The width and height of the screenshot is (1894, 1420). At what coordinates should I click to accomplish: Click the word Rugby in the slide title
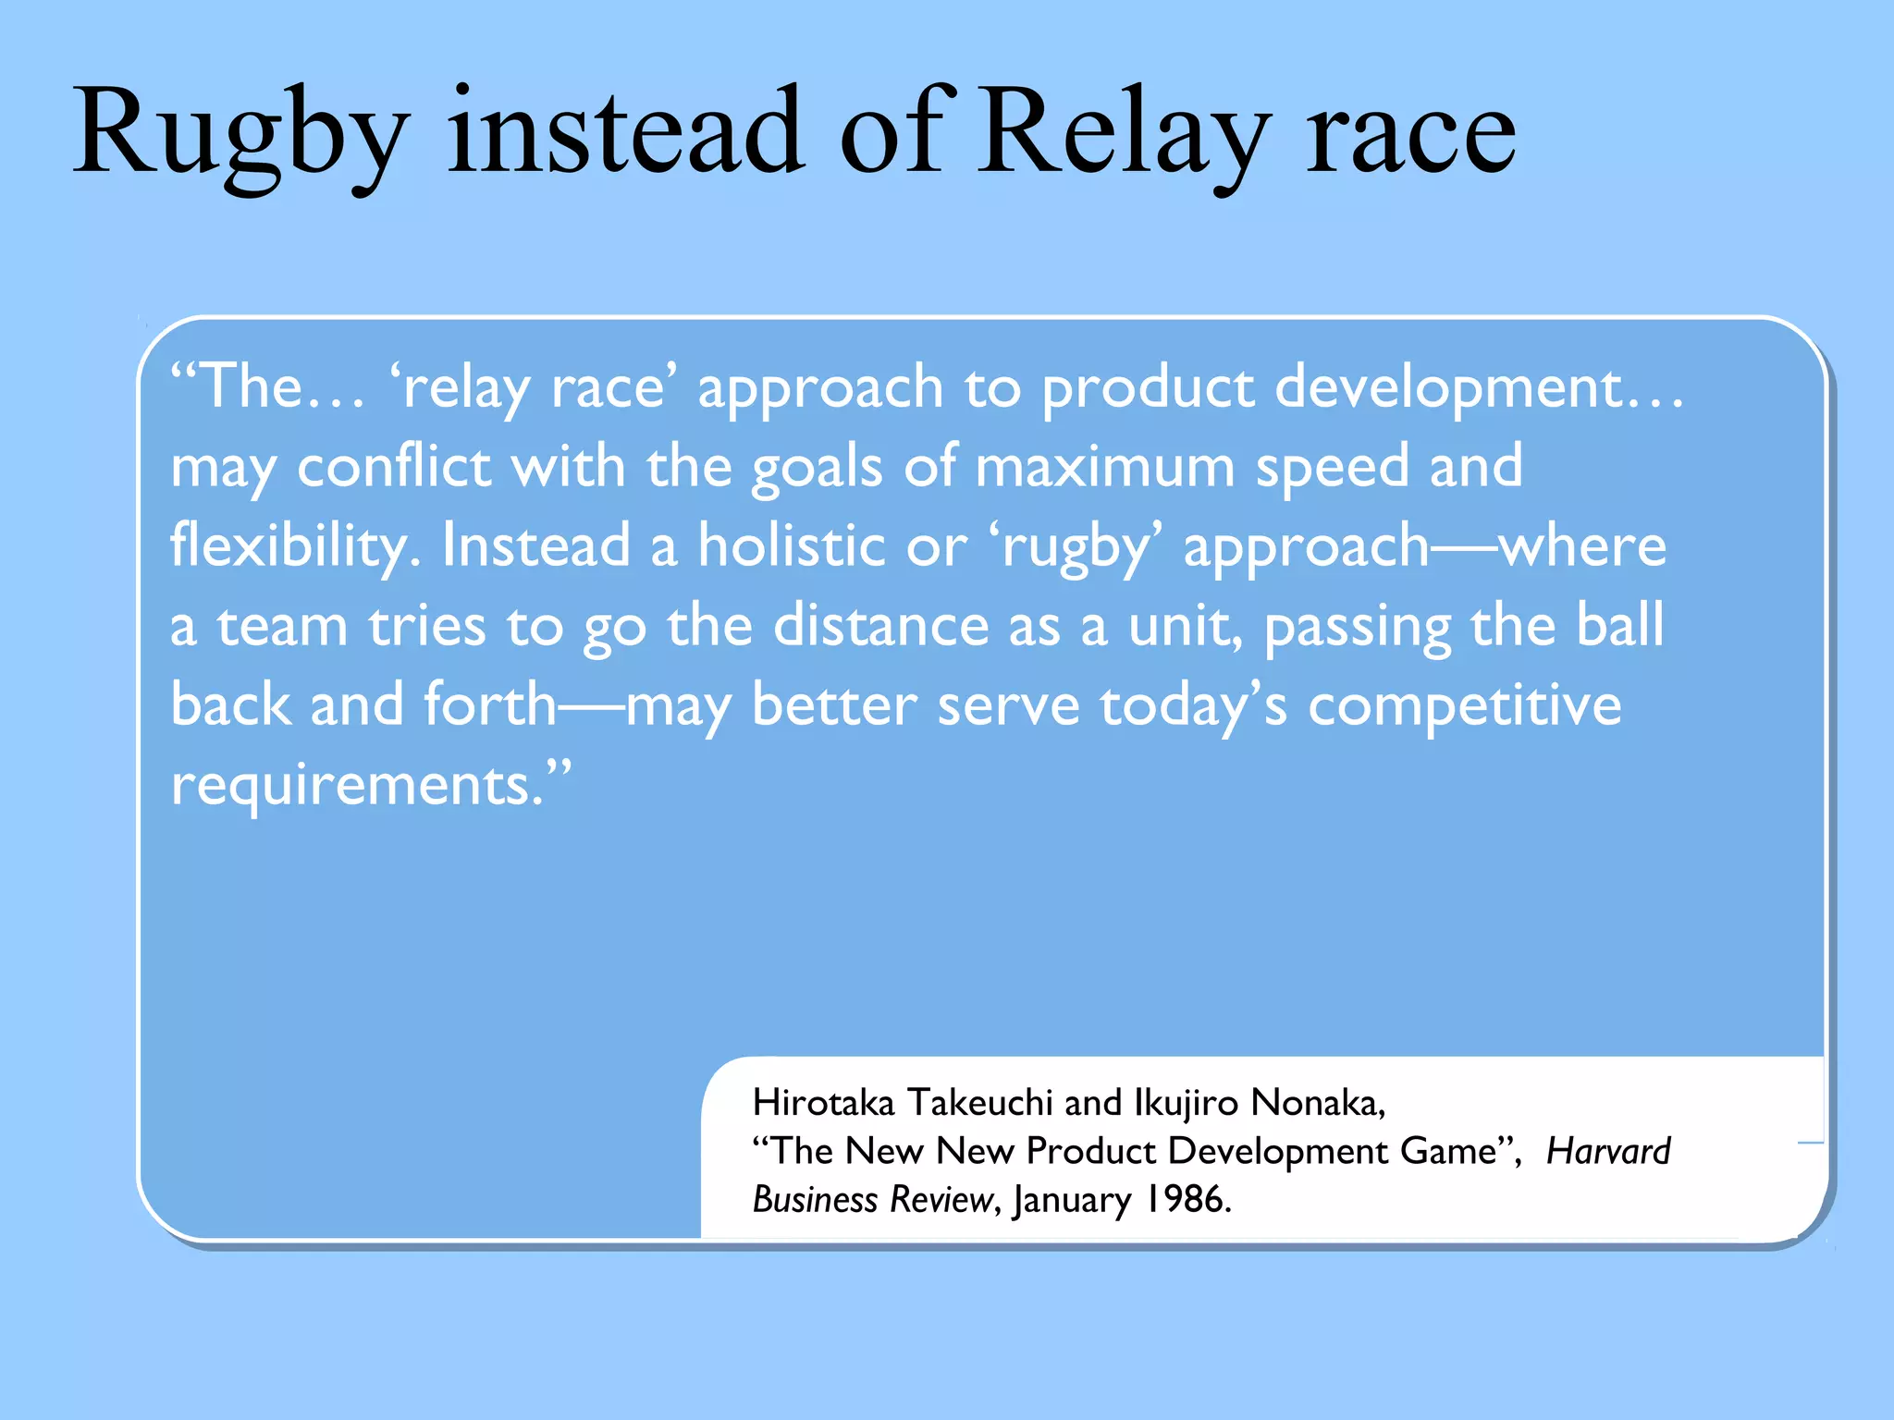(x=240, y=134)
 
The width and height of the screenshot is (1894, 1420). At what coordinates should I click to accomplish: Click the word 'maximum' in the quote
(x=1105, y=466)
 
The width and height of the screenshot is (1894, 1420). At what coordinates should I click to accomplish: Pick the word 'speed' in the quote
(x=1332, y=466)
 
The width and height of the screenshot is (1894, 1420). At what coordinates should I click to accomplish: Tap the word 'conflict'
(x=394, y=466)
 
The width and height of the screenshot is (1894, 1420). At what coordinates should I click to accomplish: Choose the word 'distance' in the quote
(x=880, y=625)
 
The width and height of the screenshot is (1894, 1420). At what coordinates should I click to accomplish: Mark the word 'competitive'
(x=1465, y=705)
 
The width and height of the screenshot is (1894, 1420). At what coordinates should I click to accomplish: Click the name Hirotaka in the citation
(x=823, y=1103)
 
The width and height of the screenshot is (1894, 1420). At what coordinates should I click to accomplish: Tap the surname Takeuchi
(x=979, y=1103)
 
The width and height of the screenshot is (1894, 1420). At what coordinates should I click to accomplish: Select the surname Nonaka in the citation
(x=1317, y=1103)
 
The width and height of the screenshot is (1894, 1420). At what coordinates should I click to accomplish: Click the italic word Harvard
(x=1608, y=1152)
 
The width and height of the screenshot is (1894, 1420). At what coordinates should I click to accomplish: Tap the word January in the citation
(x=1072, y=1200)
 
